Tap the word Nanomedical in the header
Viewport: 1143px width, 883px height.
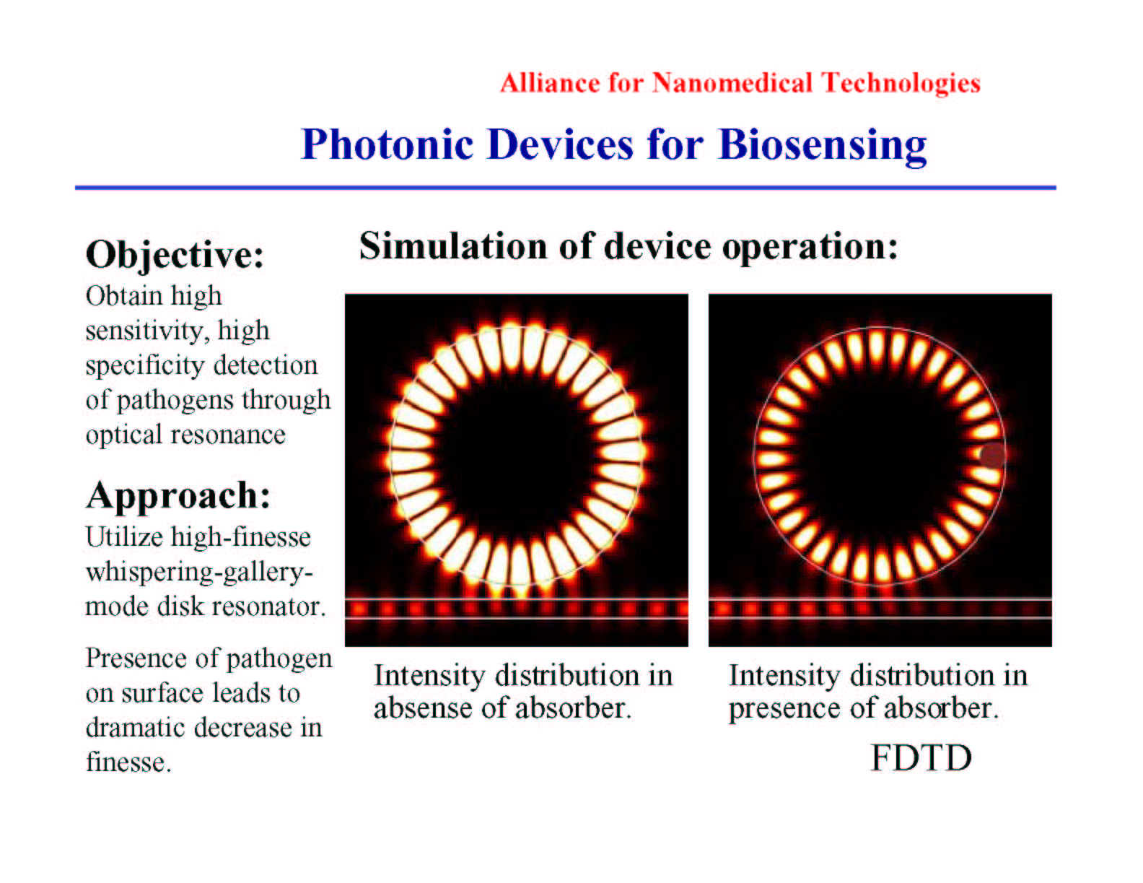tap(732, 82)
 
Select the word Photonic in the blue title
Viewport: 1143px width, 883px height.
tap(387, 144)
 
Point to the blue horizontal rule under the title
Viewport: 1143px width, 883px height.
tap(566, 187)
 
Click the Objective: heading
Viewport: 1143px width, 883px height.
tap(175, 255)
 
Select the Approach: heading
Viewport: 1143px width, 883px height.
tap(178, 496)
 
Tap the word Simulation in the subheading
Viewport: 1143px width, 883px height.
tap(453, 245)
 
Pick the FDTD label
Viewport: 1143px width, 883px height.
tap(921, 758)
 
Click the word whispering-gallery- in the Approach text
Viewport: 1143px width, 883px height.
tap(199, 573)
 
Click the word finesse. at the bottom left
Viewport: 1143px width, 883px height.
tap(129, 761)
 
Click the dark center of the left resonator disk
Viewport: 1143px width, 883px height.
tap(516, 455)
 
